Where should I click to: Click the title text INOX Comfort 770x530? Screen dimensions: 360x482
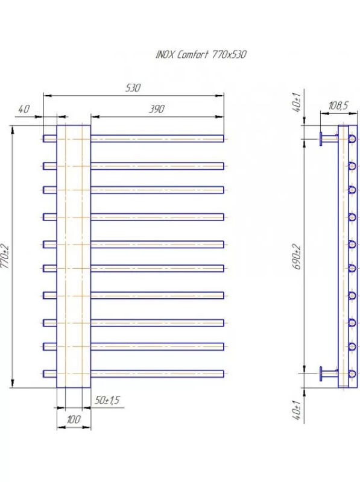201,55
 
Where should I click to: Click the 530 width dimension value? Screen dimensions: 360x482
133,88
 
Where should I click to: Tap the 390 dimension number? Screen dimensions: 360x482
157,109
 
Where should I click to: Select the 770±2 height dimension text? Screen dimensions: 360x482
5,256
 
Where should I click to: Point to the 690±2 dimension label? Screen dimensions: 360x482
297,257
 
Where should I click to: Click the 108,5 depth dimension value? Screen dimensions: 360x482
338,106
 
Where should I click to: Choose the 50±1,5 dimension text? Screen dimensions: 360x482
107,400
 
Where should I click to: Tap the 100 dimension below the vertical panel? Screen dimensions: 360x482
74,419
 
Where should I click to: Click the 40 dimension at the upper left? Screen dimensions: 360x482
24,109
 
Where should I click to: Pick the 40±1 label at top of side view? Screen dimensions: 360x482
297,102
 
